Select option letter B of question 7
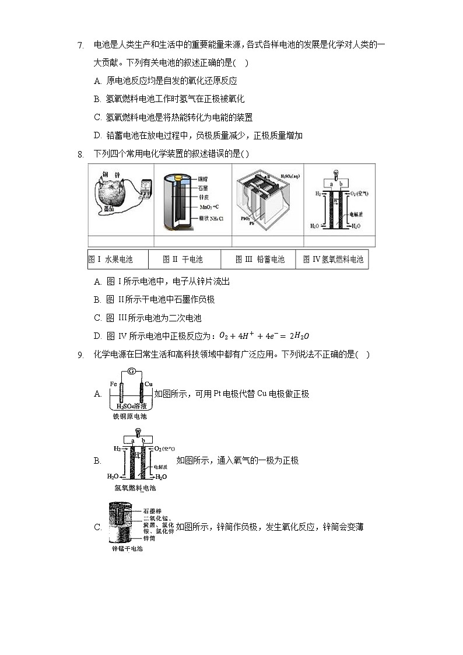pyautogui.click(x=97, y=99)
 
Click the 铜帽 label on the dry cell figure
pyautogui.click(x=204, y=176)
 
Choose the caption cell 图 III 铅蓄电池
pyautogui.click(x=259, y=260)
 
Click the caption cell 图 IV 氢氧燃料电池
pyautogui.click(x=333, y=260)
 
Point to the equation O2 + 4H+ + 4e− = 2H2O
pyautogui.click(x=264, y=336)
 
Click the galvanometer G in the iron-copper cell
pyautogui.click(x=132, y=372)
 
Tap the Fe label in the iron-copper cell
pyautogui.click(x=114, y=384)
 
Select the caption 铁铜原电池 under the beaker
pyautogui.click(x=129, y=416)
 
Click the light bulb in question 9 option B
pyautogui.click(x=138, y=432)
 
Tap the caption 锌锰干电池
pyautogui.click(x=127, y=549)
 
